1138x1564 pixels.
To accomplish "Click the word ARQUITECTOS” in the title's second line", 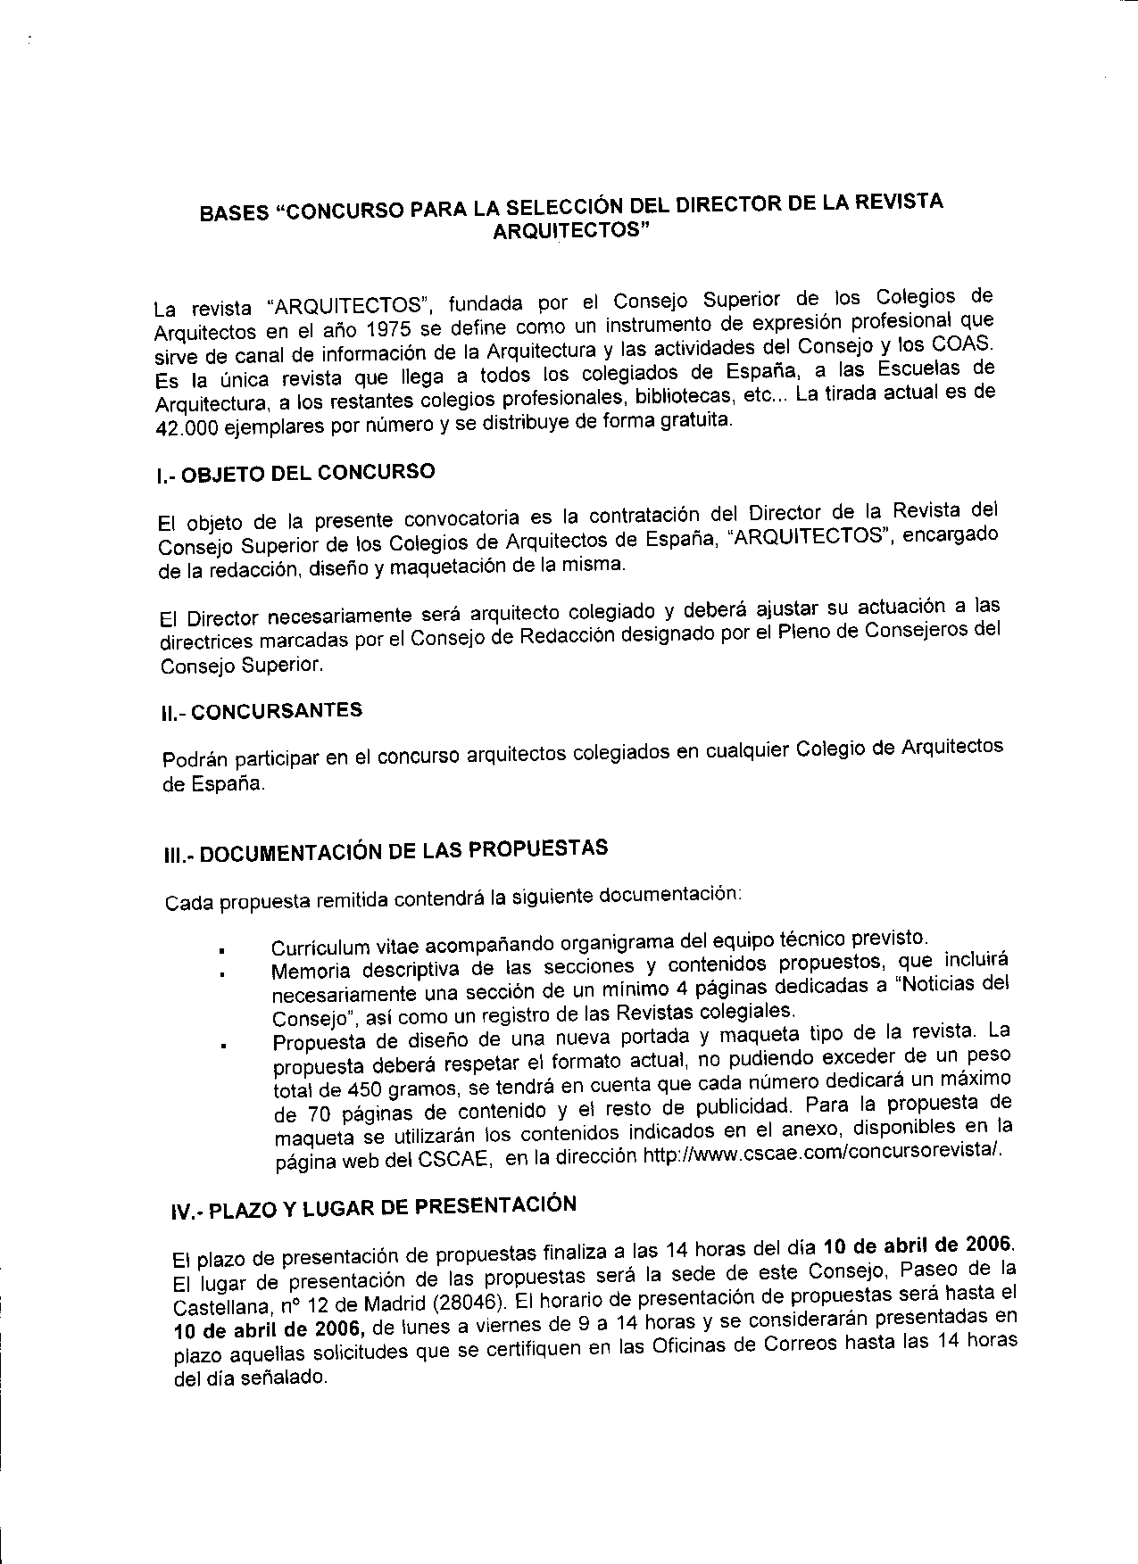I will click(572, 230).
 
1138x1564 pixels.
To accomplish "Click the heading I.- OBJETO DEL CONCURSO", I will click(295, 474).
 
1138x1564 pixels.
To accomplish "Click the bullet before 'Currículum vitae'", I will click(218, 949).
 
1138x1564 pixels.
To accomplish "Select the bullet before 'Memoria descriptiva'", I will click(219, 974).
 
